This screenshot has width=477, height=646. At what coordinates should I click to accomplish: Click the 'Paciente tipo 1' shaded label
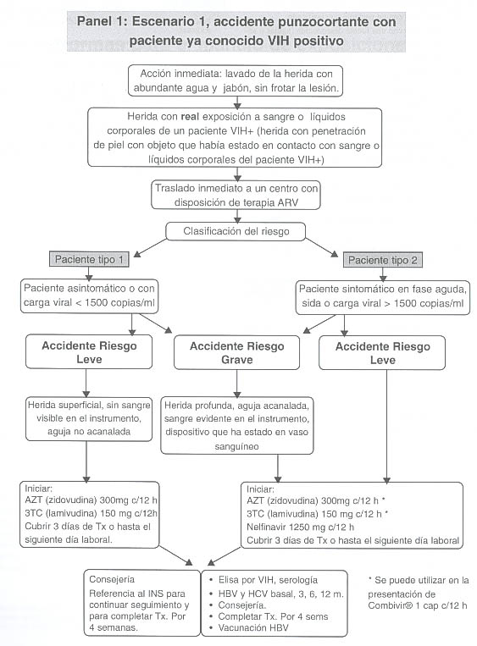click(x=89, y=259)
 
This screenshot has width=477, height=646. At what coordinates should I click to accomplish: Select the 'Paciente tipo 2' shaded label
click(x=383, y=260)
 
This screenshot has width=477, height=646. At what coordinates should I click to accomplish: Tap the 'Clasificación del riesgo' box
click(x=236, y=231)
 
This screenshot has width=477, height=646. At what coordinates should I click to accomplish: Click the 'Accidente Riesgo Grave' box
click(x=236, y=353)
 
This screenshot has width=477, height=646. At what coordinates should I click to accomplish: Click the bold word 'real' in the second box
click(x=190, y=117)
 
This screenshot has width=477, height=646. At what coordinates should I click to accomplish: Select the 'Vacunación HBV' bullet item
click(x=253, y=628)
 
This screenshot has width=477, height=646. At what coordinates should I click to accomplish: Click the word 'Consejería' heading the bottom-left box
click(x=112, y=579)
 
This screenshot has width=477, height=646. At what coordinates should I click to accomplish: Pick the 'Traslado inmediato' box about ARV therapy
click(x=236, y=195)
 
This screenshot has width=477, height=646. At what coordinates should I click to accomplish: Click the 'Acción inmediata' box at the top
click(x=236, y=80)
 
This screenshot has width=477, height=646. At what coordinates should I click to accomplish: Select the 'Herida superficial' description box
click(x=89, y=418)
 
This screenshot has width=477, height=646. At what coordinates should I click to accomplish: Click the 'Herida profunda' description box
click(x=236, y=426)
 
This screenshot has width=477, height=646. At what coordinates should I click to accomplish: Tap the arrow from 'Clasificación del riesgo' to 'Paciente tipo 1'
click(x=150, y=248)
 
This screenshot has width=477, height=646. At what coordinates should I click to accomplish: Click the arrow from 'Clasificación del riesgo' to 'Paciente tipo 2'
click(x=322, y=248)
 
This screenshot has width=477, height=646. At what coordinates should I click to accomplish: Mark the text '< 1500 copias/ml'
click(x=115, y=302)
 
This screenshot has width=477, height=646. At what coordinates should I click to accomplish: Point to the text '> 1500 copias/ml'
click(x=424, y=304)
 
